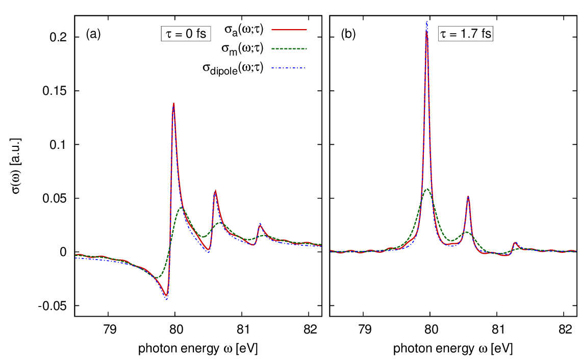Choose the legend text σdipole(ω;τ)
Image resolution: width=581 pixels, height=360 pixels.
[x=237, y=69]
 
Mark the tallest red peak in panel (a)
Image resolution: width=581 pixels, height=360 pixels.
[x=174, y=104]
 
